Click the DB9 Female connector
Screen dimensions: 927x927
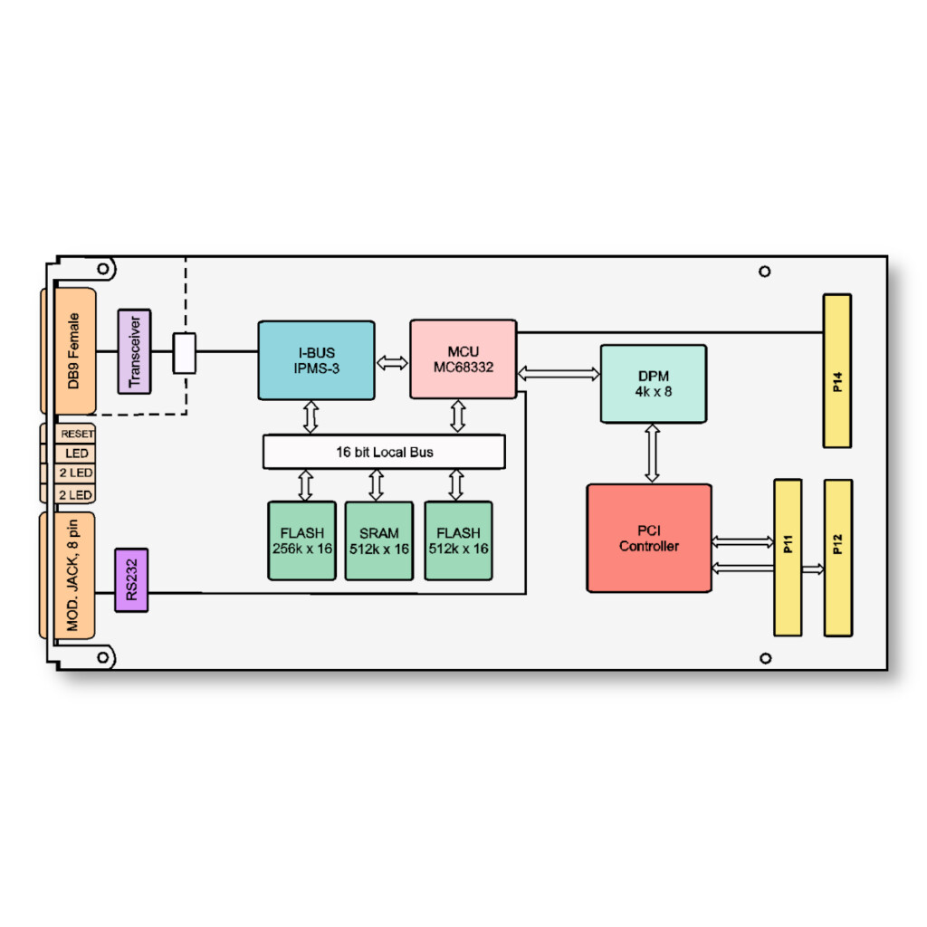pos(75,351)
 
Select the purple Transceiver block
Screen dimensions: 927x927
pos(135,351)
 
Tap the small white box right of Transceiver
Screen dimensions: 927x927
pos(185,353)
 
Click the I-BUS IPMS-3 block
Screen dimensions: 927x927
pos(316,359)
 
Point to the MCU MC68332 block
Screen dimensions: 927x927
pos(463,359)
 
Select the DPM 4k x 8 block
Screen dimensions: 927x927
pos(653,384)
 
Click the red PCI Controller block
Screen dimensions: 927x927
pos(649,538)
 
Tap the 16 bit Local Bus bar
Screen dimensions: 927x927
pos(384,451)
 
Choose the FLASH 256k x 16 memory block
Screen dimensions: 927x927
pos(302,540)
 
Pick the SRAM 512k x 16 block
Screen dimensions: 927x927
pos(378,540)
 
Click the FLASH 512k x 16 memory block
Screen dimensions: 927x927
pos(458,540)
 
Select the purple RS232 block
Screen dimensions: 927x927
pos(131,579)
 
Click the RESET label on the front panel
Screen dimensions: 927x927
pos(77,434)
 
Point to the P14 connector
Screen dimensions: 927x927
pos(836,370)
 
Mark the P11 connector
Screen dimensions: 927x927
pos(788,558)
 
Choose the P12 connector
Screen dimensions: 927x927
pos(837,558)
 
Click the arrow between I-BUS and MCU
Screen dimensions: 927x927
pos(392,363)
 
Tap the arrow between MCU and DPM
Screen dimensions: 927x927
pos(559,372)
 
